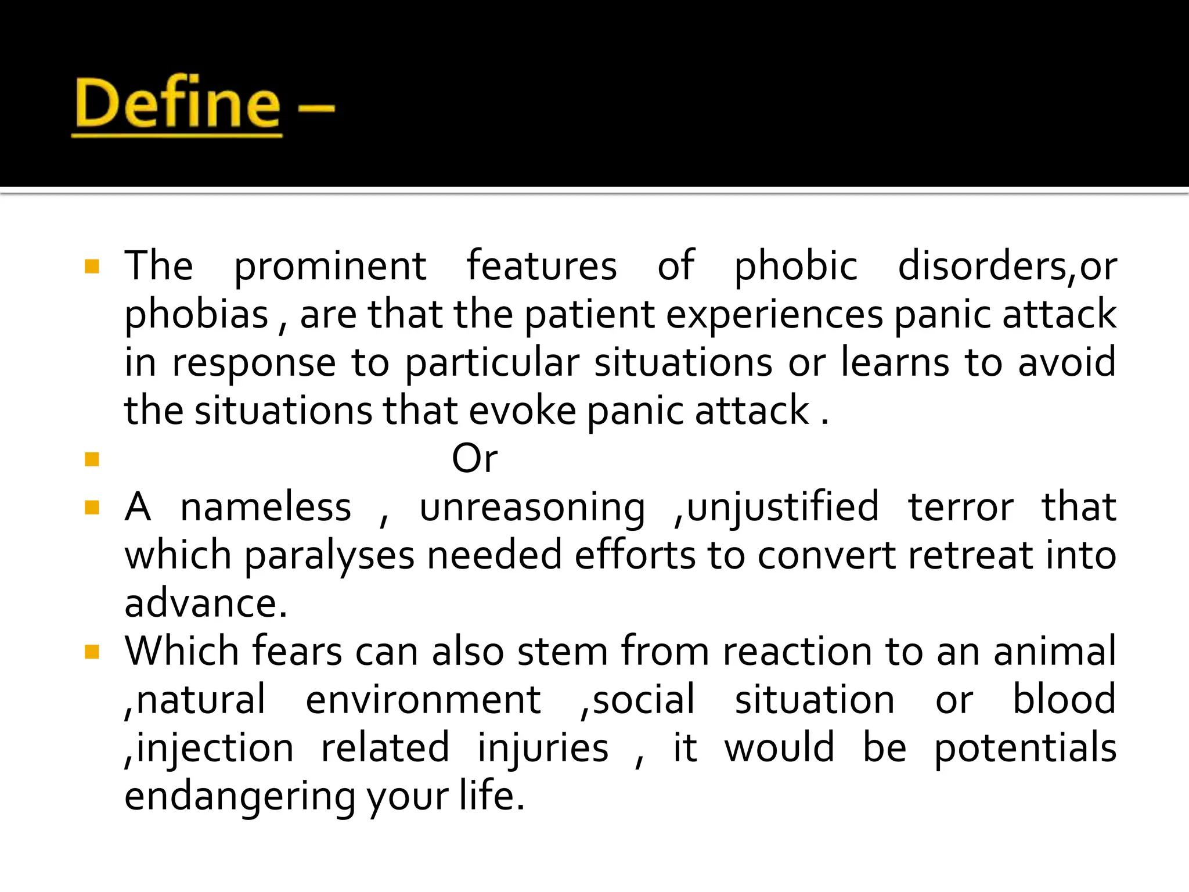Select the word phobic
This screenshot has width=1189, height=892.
pyautogui.click(x=795, y=266)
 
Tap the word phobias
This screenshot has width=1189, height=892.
pyautogui.click(x=196, y=314)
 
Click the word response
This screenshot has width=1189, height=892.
pyautogui.click(x=254, y=362)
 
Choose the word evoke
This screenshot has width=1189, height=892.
pyautogui.click(x=522, y=411)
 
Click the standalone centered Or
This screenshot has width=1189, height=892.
pyautogui.click(x=474, y=459)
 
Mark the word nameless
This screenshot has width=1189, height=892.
pyautogui.click(x=265, y=507)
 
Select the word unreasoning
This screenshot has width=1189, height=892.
pyautogui.click(x=532, y=507)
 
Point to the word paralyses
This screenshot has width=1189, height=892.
pyautogui.click(x=329, y=555)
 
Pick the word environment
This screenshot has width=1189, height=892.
pyautogui.click(x=423, y=700)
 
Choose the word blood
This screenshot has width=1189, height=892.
pyautogui.click(x=1064, y=700)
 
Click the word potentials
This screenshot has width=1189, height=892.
pyautogui.click(x=1025, y=748)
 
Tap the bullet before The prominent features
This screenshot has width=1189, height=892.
pyautogui.click(x=92, y=267)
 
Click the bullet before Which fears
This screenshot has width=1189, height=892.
pyautogui.click(x=92, y=652)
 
